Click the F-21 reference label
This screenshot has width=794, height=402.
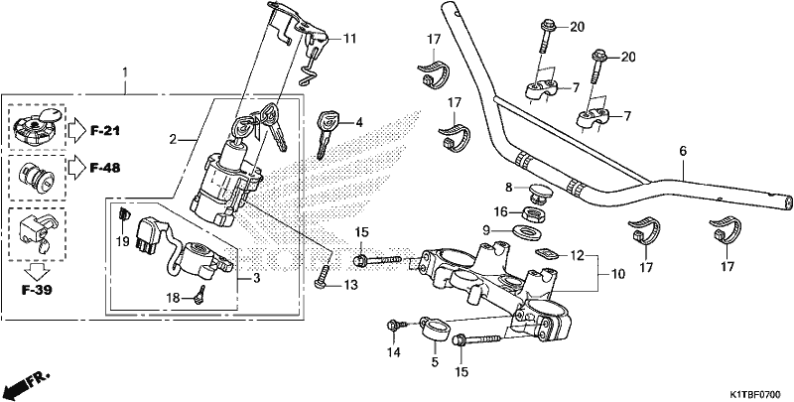[105, 131]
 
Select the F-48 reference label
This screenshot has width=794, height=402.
[105, 168]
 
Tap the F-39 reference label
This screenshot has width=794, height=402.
[37, 291]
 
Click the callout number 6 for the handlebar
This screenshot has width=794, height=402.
[683, 151]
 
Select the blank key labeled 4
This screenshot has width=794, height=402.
[325, 134]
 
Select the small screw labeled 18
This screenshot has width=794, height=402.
[200, 294]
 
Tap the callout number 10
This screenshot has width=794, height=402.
[618, 274]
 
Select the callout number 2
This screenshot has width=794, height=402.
[173, 139]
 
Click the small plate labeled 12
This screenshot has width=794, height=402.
[546, 252]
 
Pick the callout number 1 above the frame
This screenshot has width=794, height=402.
[125, 72]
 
